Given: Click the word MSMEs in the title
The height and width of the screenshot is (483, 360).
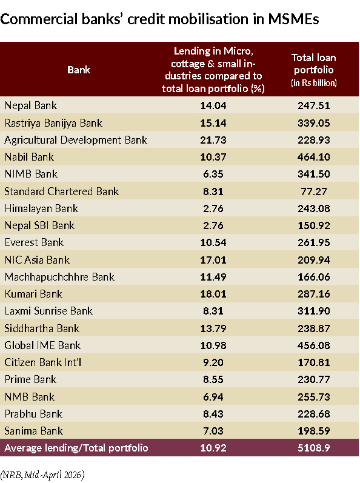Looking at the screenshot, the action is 293,19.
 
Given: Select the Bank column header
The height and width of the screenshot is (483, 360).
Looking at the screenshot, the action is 79,70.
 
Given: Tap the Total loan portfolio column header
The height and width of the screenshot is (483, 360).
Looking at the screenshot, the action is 314,70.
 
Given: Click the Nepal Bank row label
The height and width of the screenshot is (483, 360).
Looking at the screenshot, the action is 31,105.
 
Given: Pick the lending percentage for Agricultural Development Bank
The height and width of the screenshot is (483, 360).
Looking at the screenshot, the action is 213,140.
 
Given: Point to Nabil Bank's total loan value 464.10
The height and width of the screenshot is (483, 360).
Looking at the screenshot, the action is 314,157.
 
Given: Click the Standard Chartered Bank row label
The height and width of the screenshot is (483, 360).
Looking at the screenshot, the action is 62,192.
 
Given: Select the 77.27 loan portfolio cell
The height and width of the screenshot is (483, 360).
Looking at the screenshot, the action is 314,192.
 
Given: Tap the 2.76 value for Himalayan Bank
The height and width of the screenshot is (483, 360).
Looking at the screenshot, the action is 213,208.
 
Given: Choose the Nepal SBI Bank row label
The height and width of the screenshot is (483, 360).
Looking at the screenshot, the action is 39,225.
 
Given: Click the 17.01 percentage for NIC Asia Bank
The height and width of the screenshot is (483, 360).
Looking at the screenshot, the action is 213,260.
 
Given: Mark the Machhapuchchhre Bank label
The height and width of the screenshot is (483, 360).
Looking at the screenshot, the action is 59,277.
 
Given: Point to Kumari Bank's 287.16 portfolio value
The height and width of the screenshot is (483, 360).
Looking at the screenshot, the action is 314,294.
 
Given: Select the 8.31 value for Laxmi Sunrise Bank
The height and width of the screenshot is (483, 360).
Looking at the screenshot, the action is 213,311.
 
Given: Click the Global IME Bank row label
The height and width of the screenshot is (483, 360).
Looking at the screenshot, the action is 42,345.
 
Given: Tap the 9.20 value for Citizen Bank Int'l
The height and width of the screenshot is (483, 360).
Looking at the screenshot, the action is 213,362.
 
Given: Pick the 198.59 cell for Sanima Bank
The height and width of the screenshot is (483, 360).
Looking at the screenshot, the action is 314,431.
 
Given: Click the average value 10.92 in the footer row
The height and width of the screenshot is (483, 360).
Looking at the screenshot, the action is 213,448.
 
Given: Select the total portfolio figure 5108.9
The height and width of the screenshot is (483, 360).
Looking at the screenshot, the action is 314,448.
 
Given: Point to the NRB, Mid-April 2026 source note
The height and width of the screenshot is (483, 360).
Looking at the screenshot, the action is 42,475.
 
